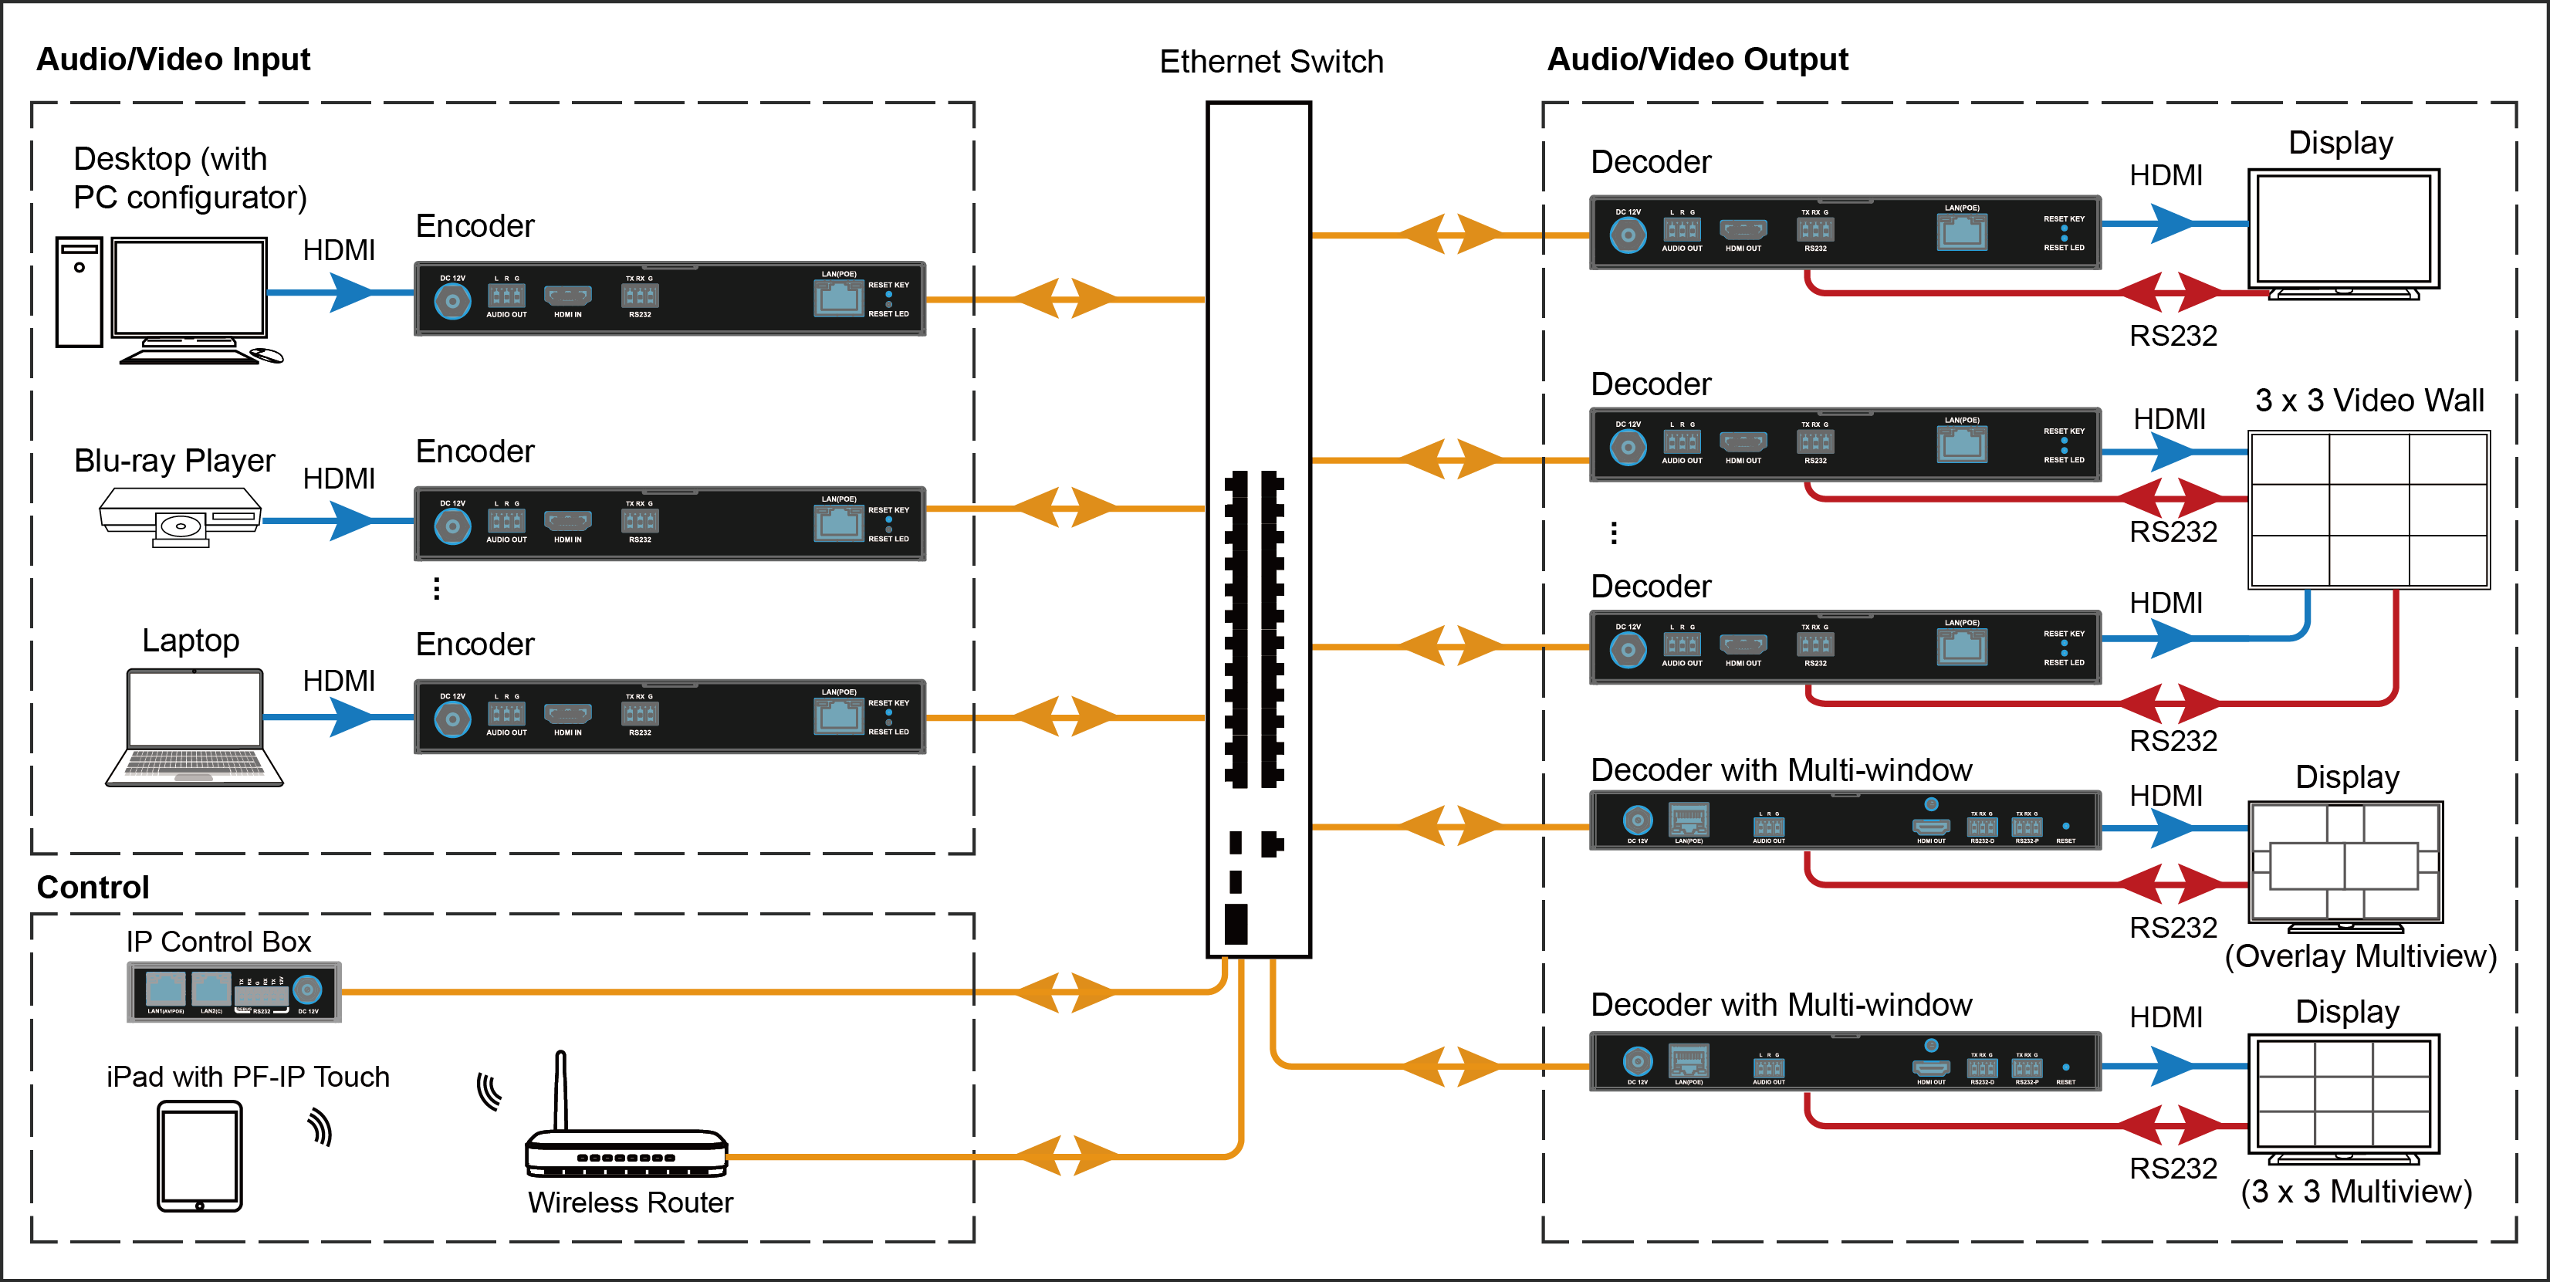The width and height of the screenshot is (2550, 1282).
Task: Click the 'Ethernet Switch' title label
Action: click(1271, 62)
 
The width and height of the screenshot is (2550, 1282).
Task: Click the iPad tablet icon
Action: click(199, 1156)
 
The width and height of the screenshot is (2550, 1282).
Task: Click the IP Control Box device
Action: click(235, 991)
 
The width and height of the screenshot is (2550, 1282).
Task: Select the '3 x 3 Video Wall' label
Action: click(2369, 401)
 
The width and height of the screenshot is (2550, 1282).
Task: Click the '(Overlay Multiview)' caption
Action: click(2360, 956)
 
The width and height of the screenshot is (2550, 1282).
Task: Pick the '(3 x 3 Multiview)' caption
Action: click(2356, 1191)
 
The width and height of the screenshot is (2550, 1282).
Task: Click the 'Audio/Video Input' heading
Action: click(173, 59)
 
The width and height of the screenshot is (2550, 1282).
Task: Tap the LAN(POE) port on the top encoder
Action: click(838, 297)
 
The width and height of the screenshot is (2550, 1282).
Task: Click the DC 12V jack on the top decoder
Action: click(1628, 235)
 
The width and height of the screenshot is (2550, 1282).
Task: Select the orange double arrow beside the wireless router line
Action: click(1065, 1155)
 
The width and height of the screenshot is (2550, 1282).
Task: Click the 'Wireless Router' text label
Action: click(631, 1203)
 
